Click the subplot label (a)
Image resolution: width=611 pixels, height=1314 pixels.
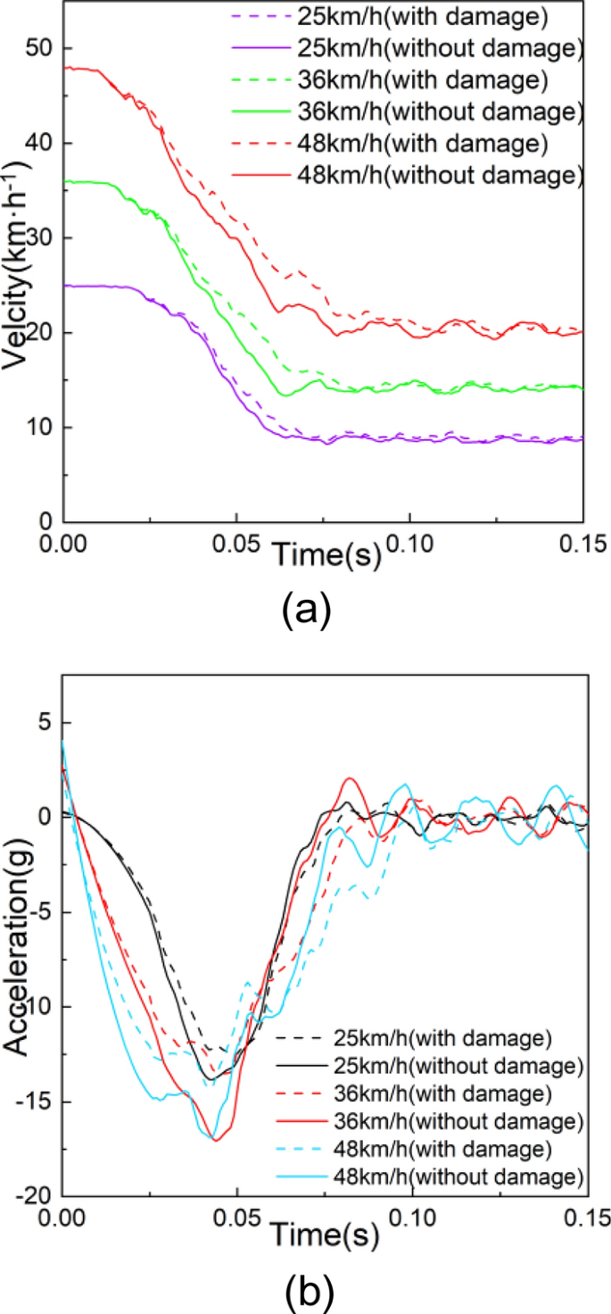306,611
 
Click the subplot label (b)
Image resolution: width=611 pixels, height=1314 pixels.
306,1289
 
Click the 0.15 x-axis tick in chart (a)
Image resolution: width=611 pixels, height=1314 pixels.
582,543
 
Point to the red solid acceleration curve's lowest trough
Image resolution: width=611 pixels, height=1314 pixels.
217,1140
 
